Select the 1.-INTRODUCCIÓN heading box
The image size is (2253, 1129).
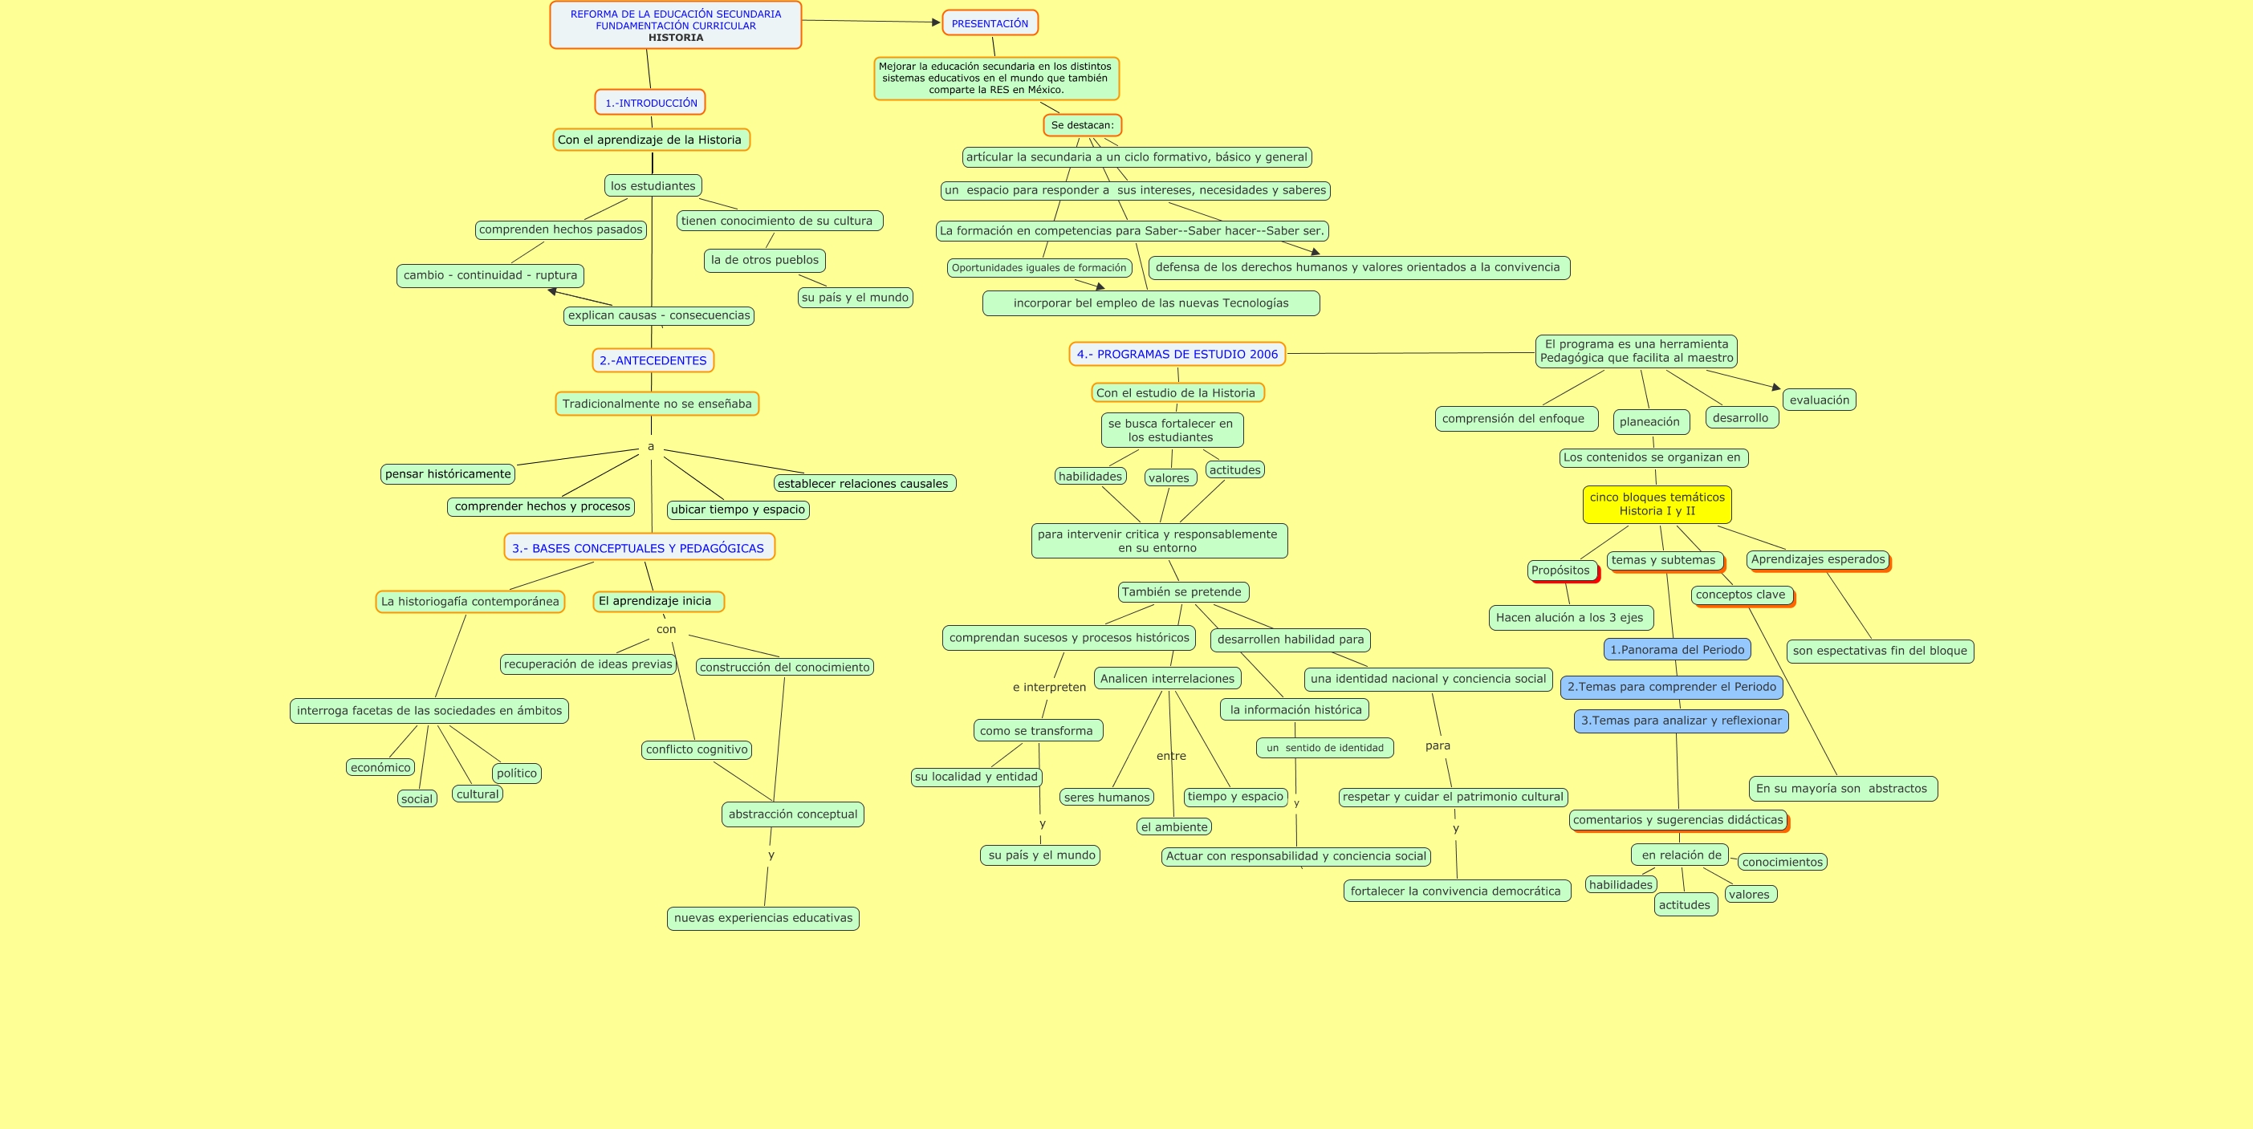click(650, 104)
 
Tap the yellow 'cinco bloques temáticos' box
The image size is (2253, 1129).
click(1657, 505)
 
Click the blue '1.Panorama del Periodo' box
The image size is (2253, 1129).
click(1677, 650)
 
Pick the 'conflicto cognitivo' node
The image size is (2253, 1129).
click(696, 749)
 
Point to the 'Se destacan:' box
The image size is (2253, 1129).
click(1082, 125)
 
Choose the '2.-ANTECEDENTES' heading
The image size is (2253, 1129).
click(653, 360)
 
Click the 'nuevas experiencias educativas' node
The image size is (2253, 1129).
click(763, 918)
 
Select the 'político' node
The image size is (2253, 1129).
click(516, 773)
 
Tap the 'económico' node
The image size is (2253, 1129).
click(380, 768)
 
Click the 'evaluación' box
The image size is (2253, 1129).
click(1820, 400)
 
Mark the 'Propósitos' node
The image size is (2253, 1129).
click(1560, 571)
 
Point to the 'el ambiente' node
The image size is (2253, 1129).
click(1173, 827)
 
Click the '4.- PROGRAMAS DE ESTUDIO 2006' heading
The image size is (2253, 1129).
click(1177, 354)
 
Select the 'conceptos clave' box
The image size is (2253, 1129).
click(1739, 595)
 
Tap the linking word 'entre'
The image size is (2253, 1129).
click(1171, 757)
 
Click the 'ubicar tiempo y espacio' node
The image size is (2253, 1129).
click(738, 510)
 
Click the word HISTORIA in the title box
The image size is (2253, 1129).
click(675, 38)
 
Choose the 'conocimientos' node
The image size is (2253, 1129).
click(1782, 863)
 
